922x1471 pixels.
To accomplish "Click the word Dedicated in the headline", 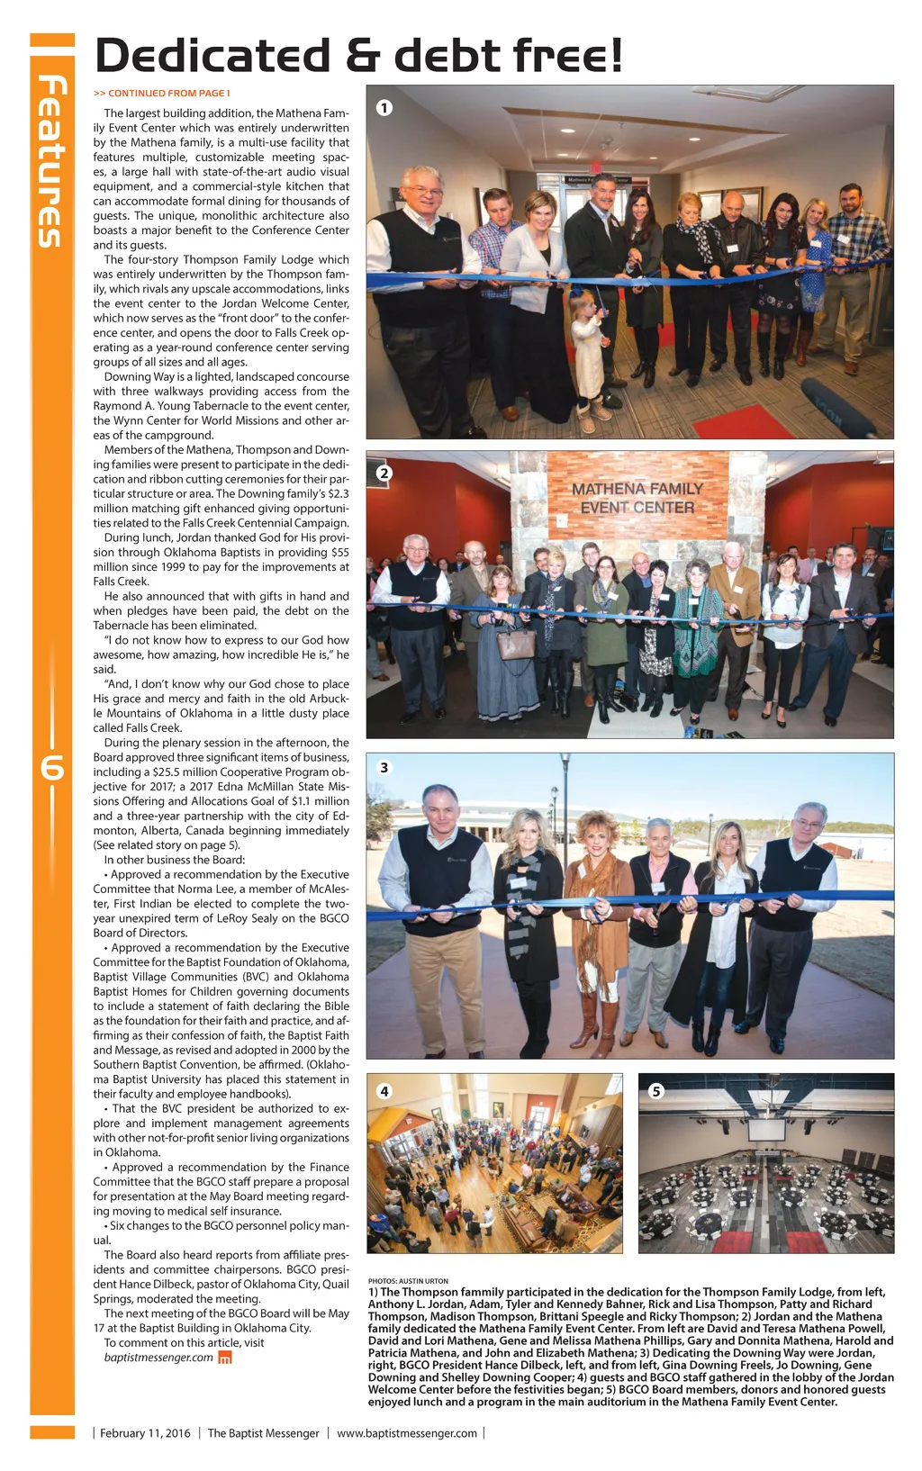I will [212, 56].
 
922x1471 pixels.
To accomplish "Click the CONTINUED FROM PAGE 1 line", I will [162, 93].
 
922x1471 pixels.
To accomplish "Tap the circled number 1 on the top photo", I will [384, 108].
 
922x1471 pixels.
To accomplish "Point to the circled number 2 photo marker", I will [384, 474].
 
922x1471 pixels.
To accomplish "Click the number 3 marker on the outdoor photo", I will [384, 768].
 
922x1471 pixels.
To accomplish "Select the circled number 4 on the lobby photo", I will [384, 1091].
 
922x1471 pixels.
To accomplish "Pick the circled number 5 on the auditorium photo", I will [656, 1091].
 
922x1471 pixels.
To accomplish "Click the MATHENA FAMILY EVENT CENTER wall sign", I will [637, 498].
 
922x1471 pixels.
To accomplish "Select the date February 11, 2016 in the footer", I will [145, 1433].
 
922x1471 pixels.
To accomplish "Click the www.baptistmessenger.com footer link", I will [407, 1433].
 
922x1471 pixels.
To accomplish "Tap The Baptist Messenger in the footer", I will [263, 1433].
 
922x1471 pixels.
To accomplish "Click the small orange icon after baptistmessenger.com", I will [226, 1358].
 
